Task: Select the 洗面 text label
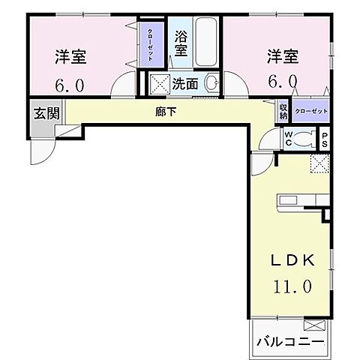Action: coord(186,83)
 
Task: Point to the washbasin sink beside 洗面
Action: coord(211,83)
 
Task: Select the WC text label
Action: coord(288,138)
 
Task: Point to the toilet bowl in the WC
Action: coord(306,138)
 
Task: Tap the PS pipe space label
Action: coord(325,138)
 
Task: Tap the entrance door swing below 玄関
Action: coord(42,150)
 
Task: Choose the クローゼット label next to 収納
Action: coord(310,109)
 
